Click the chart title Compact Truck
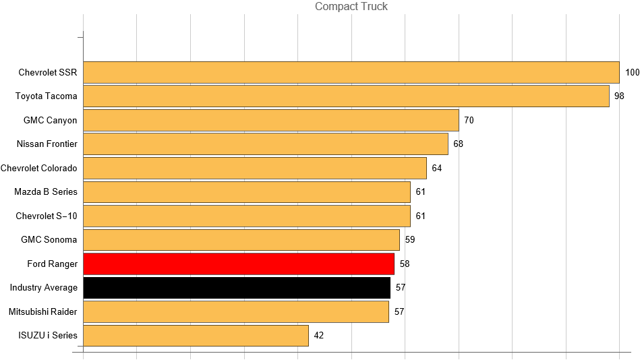[351, 7]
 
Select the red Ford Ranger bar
[239, 264]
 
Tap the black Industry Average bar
[237, 288]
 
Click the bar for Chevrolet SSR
[351, 73]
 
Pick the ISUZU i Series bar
[196, 336]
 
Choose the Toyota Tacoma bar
[346, 96]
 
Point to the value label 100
[632, 73]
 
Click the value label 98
[619, 96]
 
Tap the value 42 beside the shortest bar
[319, 336]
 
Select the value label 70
[469, 121]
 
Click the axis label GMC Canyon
[51, 121]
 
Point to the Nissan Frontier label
[47, 144]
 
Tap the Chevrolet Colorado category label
[39, 168]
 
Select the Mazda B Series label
[46, 192]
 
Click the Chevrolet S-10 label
[47, 216]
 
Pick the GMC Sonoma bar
[241, 240]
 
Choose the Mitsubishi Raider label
[43, 311]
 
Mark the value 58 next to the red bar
[405, 264]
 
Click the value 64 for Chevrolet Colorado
[437, 168]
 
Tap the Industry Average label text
[44, 288]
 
